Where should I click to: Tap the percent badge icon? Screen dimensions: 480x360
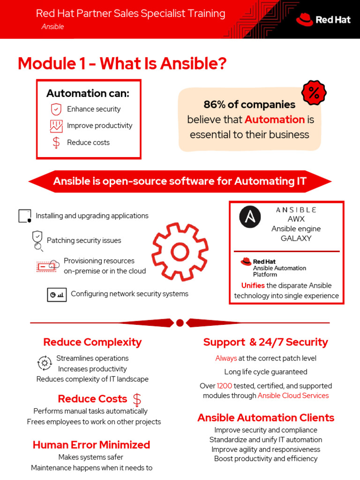(x=314, y=93)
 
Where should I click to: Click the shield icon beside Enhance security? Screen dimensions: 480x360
(x=56, y=109)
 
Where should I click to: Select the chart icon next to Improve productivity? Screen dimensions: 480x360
(x=56, y=126)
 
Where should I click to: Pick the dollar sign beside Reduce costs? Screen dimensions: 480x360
(x=56, y=142)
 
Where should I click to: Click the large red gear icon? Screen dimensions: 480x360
(x=180, y=252)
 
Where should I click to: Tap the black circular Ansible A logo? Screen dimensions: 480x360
(x=250, y=217)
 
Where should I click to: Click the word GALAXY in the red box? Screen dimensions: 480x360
(x=296, y=238)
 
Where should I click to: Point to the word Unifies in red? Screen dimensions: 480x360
(x=253, y=285)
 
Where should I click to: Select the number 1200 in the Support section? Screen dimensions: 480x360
(x=224, y=386)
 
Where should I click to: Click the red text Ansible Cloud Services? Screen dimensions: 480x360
(x=293, y=396)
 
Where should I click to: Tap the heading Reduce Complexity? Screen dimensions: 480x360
(x=92, y=342)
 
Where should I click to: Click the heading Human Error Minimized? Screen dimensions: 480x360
(x=91, y=445)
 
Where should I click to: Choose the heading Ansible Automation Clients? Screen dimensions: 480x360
(x=266, y=418)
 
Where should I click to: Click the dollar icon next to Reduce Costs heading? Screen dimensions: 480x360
(x=137, y=399)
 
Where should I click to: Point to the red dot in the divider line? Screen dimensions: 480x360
(x=180, y=322)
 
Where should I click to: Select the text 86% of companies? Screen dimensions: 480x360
(x=249, y=104)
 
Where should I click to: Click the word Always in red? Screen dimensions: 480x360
(x=226, y=358)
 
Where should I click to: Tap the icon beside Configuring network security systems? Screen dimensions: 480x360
(x=57, y=295)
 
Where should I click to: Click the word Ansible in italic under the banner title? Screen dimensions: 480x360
(x=52, y=27)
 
